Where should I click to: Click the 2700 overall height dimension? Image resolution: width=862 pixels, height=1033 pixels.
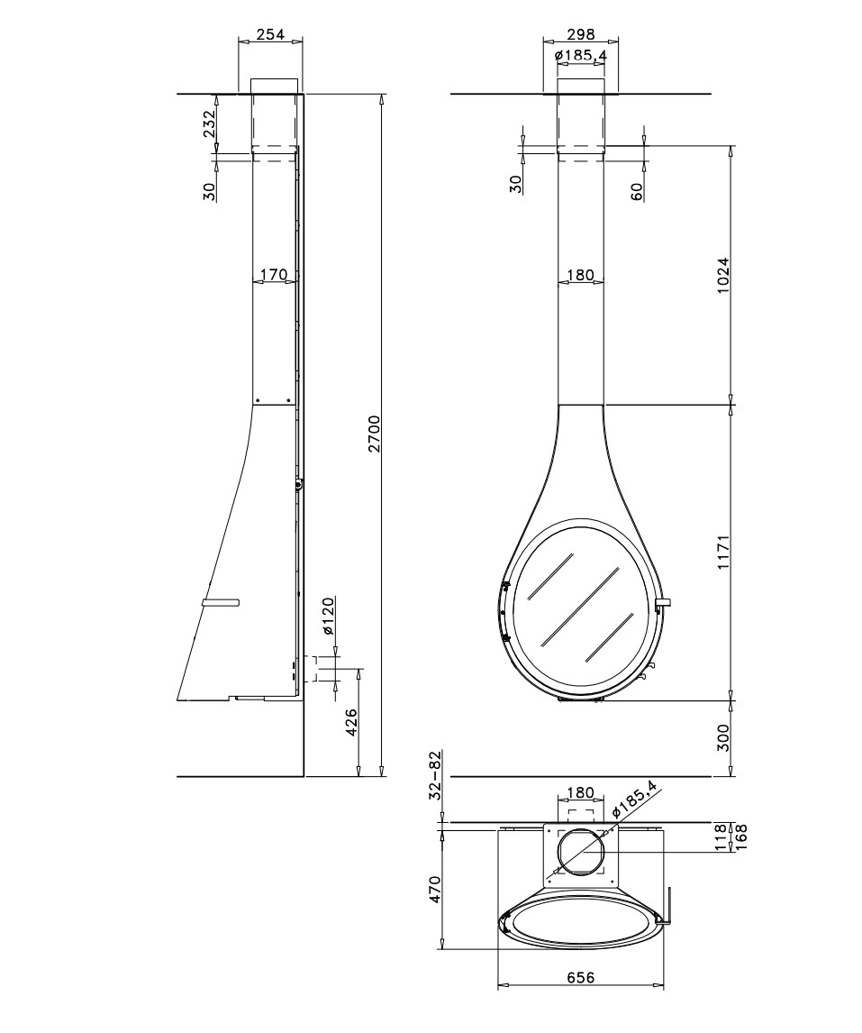(x=375, y=434)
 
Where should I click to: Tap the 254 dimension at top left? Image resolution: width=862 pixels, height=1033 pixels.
(x=270, y=34)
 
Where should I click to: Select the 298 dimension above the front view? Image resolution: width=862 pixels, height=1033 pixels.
(x=580, y=34)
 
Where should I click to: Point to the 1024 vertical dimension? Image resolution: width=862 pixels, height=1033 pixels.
(x=723, y=275)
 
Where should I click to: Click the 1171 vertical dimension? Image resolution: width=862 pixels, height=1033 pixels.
(x=723, y=552)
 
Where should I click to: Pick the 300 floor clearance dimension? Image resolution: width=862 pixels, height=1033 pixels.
(x=723, y=738)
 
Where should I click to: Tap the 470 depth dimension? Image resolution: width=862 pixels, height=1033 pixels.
(x=435, y=890)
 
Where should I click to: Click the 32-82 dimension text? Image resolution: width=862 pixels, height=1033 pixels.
(x=435, y=775)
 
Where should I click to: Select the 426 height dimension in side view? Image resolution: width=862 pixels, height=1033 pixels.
(x=351, y=723)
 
